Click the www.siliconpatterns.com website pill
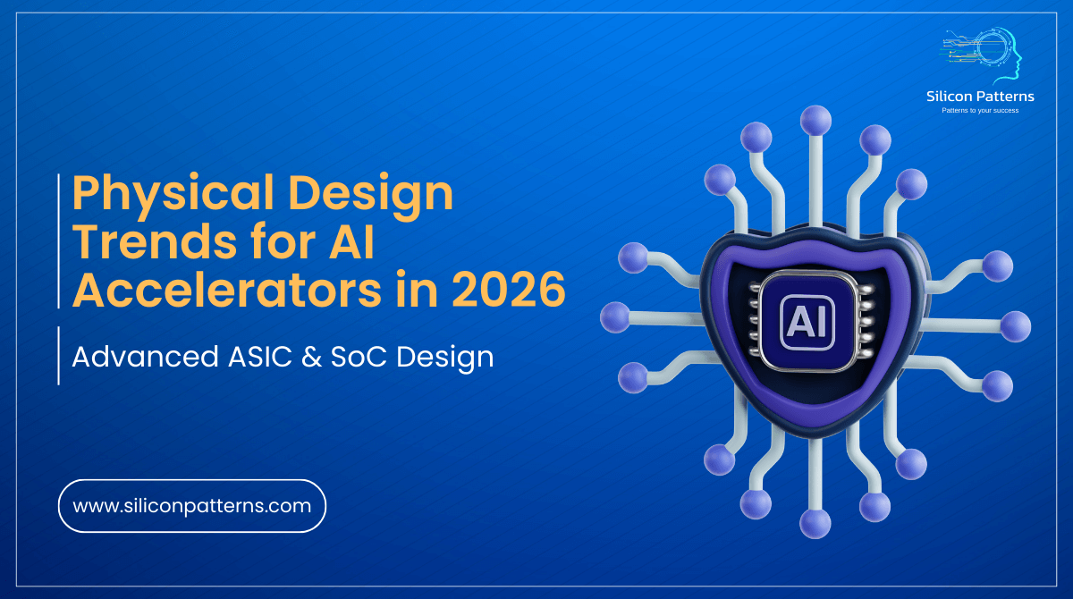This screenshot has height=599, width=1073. (x=191, y=506)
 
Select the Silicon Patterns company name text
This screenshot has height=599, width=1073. (x=981, y=96)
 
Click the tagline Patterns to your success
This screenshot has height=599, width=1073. (x=981, y=110)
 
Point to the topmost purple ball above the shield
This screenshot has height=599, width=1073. (x=815, y=119)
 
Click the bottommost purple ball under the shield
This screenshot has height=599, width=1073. (x=815, y=522)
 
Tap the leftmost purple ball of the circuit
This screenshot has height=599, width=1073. (x=615, y=316)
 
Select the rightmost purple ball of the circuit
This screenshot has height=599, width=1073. (x=1015, y=326)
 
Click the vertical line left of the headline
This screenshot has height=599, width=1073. (x=59, y=241)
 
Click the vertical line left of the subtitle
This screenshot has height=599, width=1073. (x=59, y=356)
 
